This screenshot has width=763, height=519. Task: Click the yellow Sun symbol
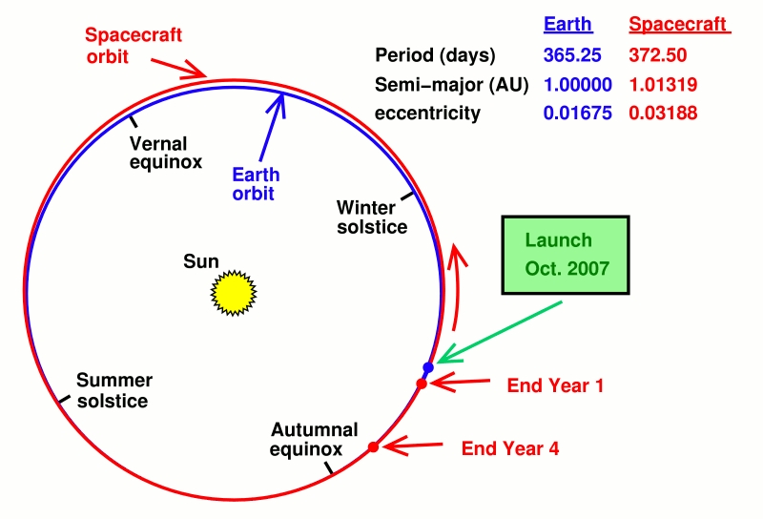pos(234,293)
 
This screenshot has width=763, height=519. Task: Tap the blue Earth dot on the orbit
pos(428,367)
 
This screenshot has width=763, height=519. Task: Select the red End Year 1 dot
pos(422,384)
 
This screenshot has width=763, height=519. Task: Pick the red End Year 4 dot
pos(373,446)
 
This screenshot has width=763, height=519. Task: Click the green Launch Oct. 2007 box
pos(566,255)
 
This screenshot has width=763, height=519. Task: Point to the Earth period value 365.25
pos(572,55)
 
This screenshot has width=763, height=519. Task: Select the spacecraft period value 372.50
pos(658,55)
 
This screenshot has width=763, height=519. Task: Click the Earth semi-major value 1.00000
pos(578,85)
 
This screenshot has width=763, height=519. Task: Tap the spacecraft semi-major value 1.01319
pos(663,85)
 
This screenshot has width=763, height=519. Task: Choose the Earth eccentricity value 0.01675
pos(578,113)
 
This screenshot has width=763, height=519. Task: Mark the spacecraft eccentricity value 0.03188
pos(663,113)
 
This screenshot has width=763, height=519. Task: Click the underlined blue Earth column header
pos(567,24)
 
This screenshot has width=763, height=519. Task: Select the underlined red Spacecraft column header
pos(679,24)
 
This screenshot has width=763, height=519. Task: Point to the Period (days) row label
pos(435,55)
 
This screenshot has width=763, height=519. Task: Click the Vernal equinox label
pos(165,153)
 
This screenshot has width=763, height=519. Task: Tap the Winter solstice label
pos(372,218)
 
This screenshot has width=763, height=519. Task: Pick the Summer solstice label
pos(114,390)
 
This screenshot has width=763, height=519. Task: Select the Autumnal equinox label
pos(314,439)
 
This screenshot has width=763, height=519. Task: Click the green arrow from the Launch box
pos(500,332)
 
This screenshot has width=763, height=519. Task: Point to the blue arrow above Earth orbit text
pos(273,127)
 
